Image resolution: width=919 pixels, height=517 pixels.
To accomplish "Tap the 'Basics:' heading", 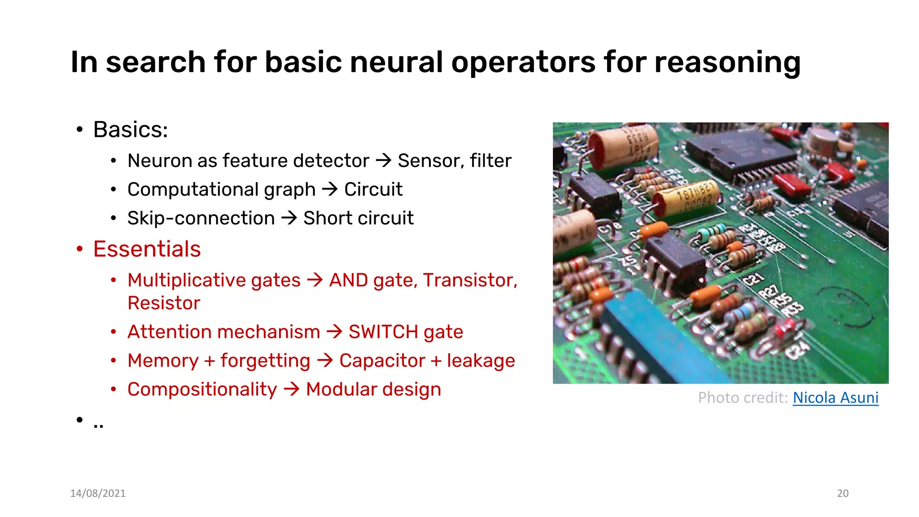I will coord(131,130).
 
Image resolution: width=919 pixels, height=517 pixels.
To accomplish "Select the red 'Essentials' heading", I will coord(147,249).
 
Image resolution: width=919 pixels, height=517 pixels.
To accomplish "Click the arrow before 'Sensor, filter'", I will coord(384,160).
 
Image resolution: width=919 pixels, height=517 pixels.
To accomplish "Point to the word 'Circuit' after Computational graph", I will coord(373,189).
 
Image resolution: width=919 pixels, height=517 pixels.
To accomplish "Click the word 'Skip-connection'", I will coord(201,218).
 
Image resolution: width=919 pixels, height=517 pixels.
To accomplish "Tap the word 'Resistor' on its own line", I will coord(164,303).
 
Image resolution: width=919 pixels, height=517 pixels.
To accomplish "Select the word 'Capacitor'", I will coord(382,361).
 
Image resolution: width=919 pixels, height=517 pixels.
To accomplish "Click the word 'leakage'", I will coord(481,361).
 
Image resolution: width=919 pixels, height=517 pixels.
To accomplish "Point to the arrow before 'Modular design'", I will coord(292,389).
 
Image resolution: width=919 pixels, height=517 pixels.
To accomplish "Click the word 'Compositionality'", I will coord(202,390).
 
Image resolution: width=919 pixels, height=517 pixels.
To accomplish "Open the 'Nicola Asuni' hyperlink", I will coord(835,398).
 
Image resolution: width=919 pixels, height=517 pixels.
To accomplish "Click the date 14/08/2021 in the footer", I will coord(98,493).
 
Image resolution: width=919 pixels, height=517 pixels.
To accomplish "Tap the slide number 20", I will coord(842,493).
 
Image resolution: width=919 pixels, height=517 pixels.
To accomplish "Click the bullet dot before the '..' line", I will coord(80,420).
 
